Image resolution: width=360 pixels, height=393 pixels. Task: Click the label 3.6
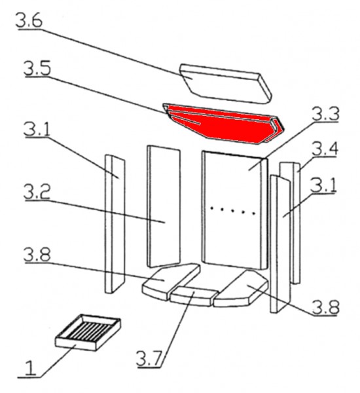[x=29, y=22]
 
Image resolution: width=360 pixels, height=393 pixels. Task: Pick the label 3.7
[x=151, y=360]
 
